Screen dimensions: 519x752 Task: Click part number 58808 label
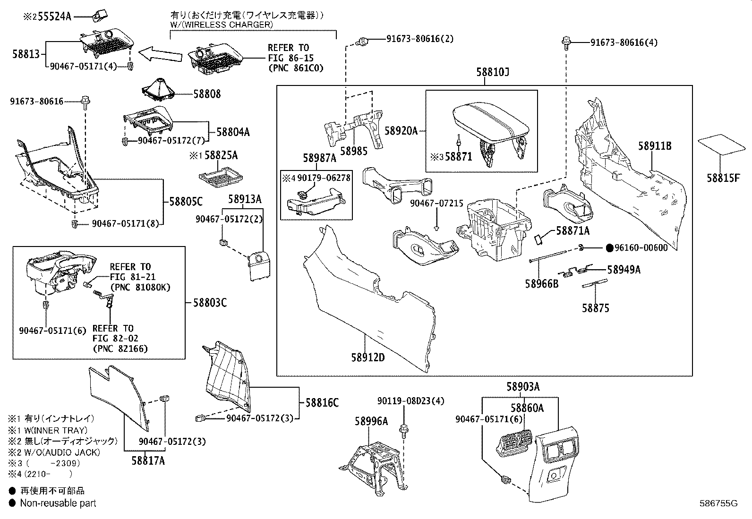pos(207,94)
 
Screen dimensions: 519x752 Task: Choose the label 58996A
pos(371,421)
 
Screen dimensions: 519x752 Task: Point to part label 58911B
pos(655,146)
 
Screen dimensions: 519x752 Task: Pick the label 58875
pos(595,308)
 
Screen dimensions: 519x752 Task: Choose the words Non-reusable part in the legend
pos(58,503)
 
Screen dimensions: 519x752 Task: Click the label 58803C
pos(210,302)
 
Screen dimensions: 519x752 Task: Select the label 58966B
pos(541,284)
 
